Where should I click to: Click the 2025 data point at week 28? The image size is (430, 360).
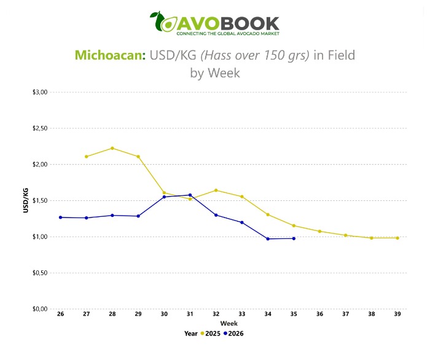(112, 148)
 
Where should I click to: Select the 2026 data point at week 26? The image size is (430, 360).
(61, 217)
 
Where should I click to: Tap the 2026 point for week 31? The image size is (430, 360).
(190, 195)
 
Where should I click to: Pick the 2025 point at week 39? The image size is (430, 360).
(397, 238)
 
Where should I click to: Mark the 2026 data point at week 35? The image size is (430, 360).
(294, 238)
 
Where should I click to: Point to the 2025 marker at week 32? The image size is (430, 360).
(216, 190)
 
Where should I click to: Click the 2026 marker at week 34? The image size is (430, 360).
(268, 239)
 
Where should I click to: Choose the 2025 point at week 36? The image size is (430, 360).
(320, 232)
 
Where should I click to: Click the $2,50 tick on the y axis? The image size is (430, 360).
(40, 128)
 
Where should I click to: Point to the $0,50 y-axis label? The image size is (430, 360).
(40, 273)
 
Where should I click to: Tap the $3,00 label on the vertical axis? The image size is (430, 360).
(40, 92)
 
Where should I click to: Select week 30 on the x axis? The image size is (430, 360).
(164, 314)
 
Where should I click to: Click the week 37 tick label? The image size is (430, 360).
(345, 314)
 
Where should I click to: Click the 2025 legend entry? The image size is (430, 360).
(211, 334)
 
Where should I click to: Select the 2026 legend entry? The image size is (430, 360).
(233, 334)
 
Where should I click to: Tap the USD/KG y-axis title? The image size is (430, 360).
(26, 200)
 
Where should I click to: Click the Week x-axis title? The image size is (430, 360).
(229, 324)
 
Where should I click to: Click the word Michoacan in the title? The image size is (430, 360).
(110, 55)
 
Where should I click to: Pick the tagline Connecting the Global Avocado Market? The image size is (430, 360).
(228, 34)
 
